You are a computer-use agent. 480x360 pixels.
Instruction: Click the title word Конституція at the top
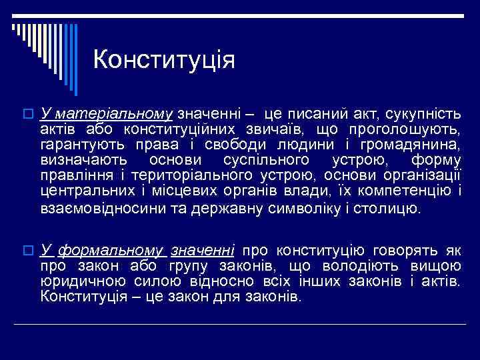coord(164,60)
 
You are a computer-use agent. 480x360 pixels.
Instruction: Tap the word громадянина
coord(411,144)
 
